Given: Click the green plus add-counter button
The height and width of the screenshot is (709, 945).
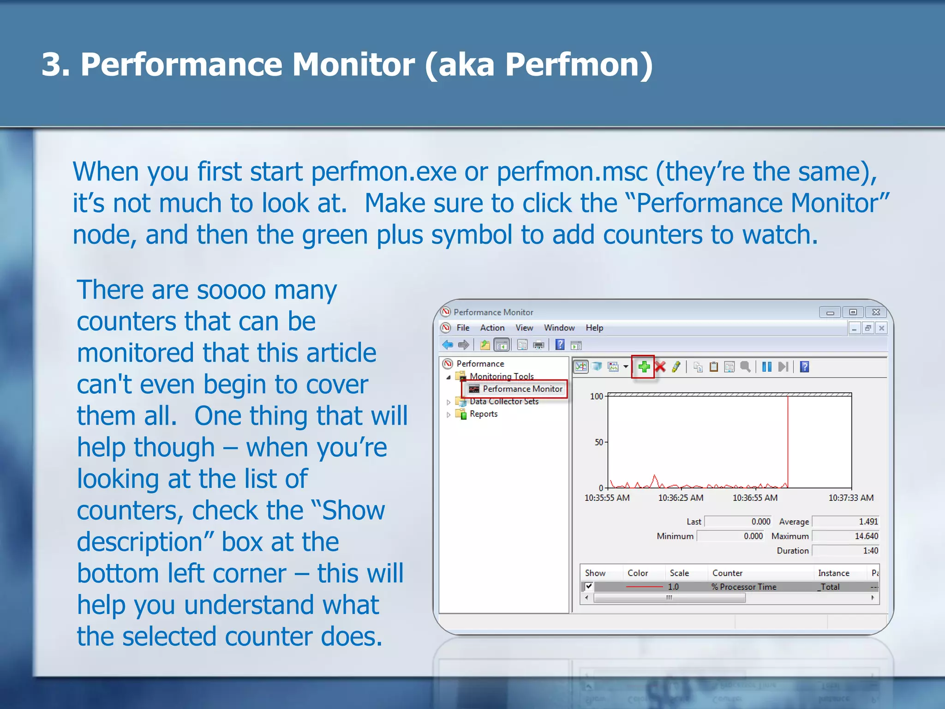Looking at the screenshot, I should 644,367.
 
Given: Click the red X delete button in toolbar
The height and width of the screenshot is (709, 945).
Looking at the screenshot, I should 660,367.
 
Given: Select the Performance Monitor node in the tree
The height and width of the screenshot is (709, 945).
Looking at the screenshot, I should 522,389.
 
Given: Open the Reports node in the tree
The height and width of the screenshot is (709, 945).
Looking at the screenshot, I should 483,414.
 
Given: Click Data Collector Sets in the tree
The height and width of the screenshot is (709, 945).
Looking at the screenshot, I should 504,402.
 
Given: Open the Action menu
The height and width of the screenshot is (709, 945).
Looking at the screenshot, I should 492,328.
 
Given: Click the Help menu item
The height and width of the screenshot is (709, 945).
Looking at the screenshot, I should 594,328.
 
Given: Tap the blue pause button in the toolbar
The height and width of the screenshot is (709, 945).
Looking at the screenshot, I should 766,367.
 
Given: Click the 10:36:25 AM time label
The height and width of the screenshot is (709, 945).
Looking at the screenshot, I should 681,498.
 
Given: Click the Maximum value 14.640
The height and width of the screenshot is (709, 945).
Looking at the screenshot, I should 866,536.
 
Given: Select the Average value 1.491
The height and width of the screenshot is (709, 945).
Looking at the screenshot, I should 867,522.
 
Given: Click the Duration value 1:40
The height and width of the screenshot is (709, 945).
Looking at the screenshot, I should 870,551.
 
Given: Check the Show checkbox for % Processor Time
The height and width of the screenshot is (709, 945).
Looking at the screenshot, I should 589,587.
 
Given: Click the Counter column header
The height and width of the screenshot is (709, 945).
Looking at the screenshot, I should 727,573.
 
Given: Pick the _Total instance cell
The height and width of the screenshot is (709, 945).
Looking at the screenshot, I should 829,587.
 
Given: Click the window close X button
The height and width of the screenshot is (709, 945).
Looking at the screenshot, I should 876,312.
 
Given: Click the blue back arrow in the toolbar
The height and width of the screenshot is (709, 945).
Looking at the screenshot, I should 448,345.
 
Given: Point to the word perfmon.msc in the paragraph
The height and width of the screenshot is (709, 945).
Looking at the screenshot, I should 572,172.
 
